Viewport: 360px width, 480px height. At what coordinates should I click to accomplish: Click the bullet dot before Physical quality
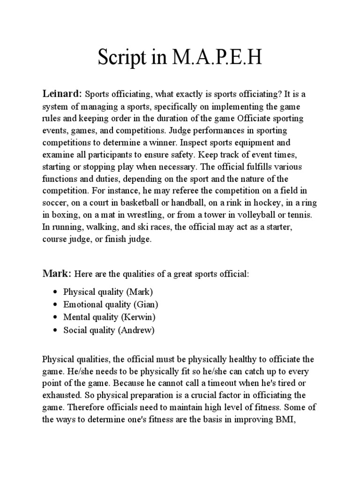(x=56, y=292)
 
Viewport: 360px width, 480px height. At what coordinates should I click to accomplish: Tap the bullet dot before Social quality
(x=56, y=330)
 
